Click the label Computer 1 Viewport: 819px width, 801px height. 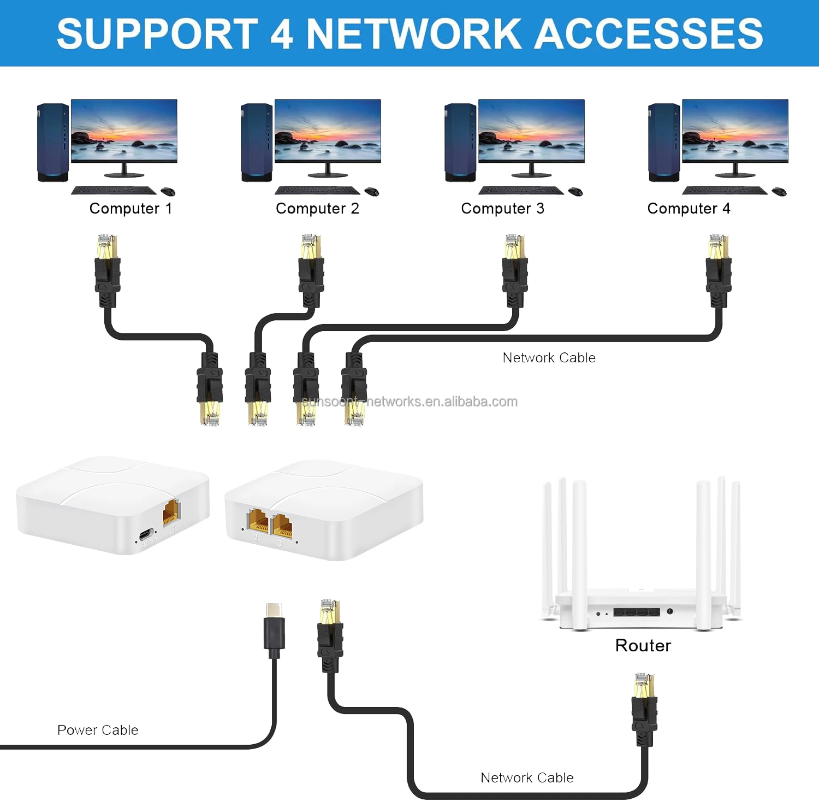click(x=130, y=209)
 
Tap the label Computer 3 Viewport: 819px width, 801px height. click(x=502, y=209)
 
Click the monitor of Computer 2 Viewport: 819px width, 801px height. click(x=328, y=131)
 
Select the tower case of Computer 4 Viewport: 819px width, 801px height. click(x=663, y=143)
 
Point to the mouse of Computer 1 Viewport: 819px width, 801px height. click(x=168, y=191)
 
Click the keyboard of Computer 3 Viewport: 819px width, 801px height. click(x=521, y=190)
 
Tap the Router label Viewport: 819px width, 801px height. click(x=643, y=645)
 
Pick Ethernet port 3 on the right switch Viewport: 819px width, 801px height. click(x=282, y=525)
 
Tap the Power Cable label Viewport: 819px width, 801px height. click(x=98, y=730)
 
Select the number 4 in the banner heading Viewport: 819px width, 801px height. click(x=281, y=34)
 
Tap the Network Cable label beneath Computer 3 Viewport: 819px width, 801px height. click(x=549, y=358)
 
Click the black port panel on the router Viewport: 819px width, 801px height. click(x=636, y=612)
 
